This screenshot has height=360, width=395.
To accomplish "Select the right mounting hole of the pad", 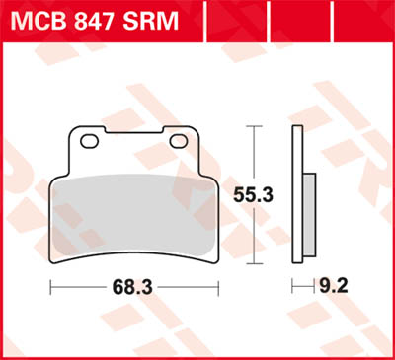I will coord(179,141).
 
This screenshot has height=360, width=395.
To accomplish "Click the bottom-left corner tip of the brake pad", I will coord(51,263).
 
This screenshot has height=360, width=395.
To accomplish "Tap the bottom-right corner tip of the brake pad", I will coord(214,263).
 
